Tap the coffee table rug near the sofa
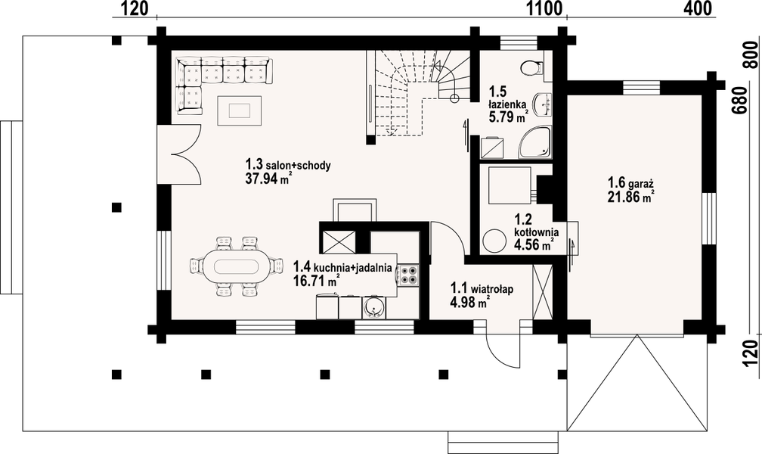[239, 110]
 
